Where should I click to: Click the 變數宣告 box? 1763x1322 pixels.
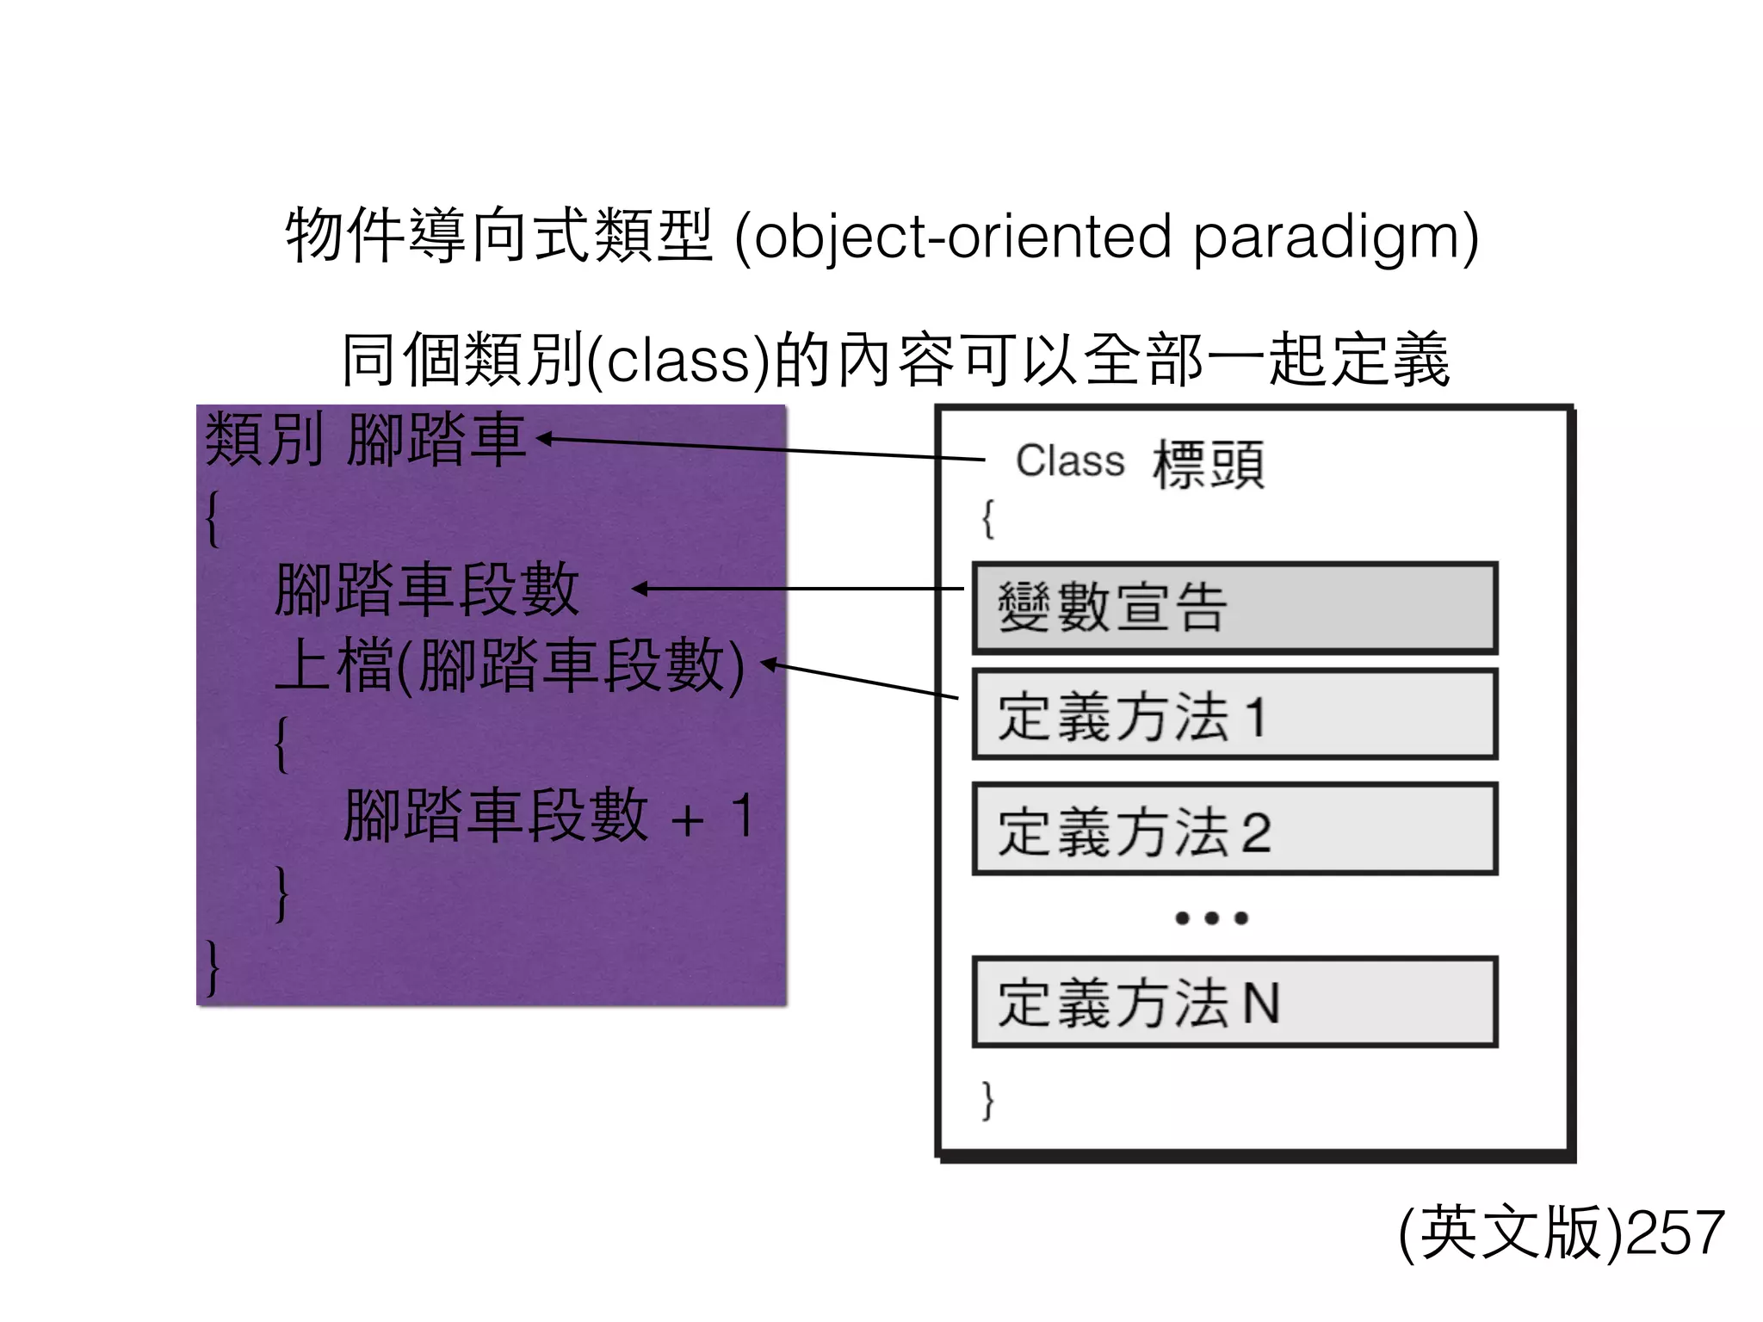(x=1234, y=608)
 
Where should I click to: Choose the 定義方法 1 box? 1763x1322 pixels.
(x=1234, y=715)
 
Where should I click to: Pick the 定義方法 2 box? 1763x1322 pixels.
(x=1234, y=830)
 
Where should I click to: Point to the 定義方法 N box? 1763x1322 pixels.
(x=1234, y=1003)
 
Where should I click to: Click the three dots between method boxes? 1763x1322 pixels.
(x=1211, y=918)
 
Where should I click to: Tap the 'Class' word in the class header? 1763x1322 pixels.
(x=1070, y=460)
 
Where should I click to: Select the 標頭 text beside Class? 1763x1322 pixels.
(x=1209, y=464)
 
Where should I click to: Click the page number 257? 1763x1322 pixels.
(x=1674, y=1232)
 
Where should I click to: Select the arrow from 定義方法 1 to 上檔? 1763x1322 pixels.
(x=861, y=680)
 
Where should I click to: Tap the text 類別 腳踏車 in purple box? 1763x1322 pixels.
(x=365, y=440)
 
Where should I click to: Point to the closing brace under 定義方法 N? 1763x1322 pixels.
(x=988, y=1100)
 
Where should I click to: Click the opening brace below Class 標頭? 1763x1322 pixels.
(x=988, y=518)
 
